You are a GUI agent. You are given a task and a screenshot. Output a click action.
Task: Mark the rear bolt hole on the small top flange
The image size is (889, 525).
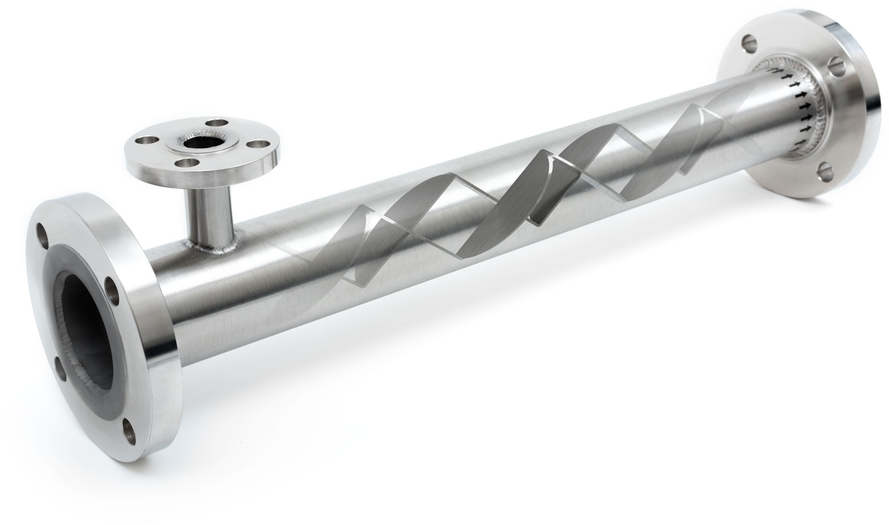217,123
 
